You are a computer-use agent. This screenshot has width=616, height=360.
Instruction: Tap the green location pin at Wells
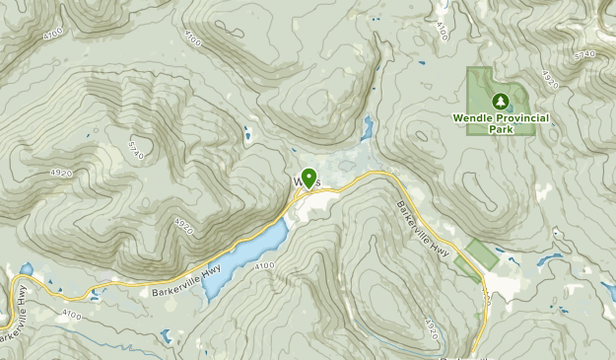tap(308, 178)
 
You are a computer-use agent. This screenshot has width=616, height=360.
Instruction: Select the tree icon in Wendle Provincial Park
tap(500, 101)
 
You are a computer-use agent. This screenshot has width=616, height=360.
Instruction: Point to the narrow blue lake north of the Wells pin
tap(367, 127)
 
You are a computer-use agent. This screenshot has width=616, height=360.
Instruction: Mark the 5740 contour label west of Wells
tap(137, 149)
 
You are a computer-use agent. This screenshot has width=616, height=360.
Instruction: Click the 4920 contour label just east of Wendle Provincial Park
tap(549, 79)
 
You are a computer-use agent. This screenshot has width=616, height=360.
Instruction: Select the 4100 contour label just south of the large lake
tap(264, 265)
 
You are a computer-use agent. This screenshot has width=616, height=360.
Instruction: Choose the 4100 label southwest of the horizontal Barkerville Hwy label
tap(70, 313)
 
